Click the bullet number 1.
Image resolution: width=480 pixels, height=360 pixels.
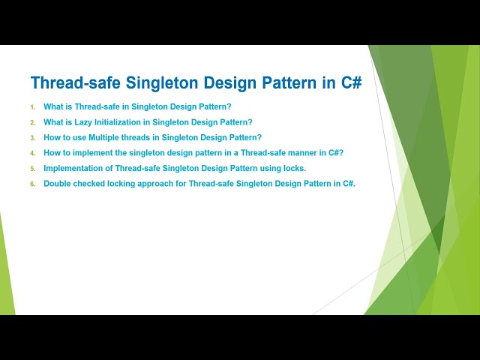(x=32, y=107)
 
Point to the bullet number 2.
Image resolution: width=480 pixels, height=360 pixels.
(x=32, y=122)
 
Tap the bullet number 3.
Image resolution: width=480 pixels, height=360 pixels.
(x=32, y=138)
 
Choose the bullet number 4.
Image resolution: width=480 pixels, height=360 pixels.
(x=32, y=153)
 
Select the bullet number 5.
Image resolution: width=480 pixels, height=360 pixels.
(x=32, y=168)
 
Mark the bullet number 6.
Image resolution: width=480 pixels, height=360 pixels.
(x=32, y=184)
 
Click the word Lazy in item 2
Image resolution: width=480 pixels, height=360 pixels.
(x=83, y=122)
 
